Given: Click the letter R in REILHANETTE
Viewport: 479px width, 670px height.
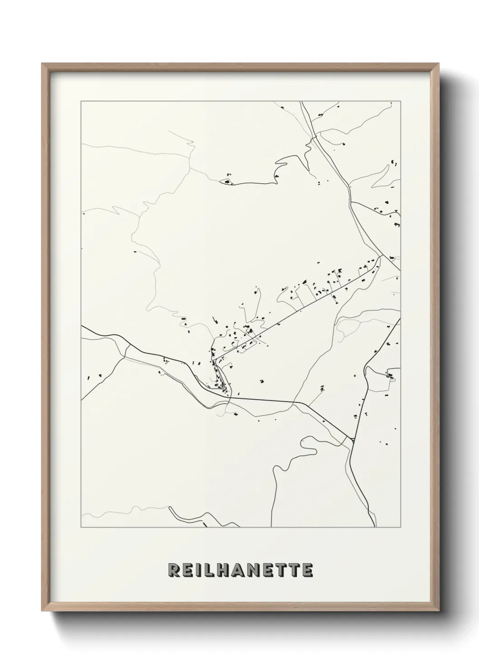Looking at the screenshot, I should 174,570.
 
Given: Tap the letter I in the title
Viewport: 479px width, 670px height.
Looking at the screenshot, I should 200,570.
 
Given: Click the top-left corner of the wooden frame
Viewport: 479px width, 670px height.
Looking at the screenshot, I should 42,64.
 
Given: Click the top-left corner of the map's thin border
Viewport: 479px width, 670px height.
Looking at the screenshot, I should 81,101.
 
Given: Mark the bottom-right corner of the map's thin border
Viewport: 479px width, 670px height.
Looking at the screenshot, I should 401,527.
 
